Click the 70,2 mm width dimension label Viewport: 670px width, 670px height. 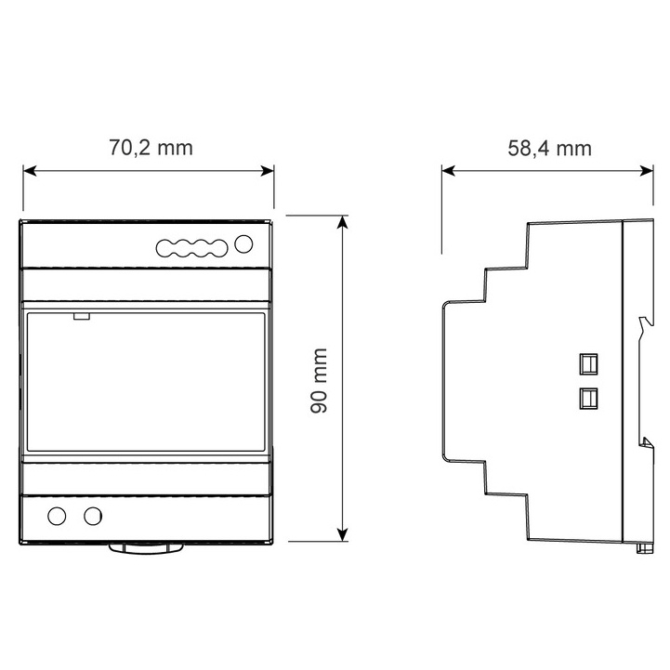coord(151,148)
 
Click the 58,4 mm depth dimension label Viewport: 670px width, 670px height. coord(549,149)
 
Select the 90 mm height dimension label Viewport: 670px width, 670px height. coord(319,381)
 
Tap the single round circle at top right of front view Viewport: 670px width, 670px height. coord(243,244)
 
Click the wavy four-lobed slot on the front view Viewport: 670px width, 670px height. coord(191,248)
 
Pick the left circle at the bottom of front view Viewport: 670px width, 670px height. coord(57,516)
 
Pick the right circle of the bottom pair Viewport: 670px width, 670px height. coord(93,516)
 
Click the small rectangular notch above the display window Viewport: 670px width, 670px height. coord(81,316)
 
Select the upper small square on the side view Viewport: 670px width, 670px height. coord(588,364)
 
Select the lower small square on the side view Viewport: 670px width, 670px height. coord(588,399)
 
